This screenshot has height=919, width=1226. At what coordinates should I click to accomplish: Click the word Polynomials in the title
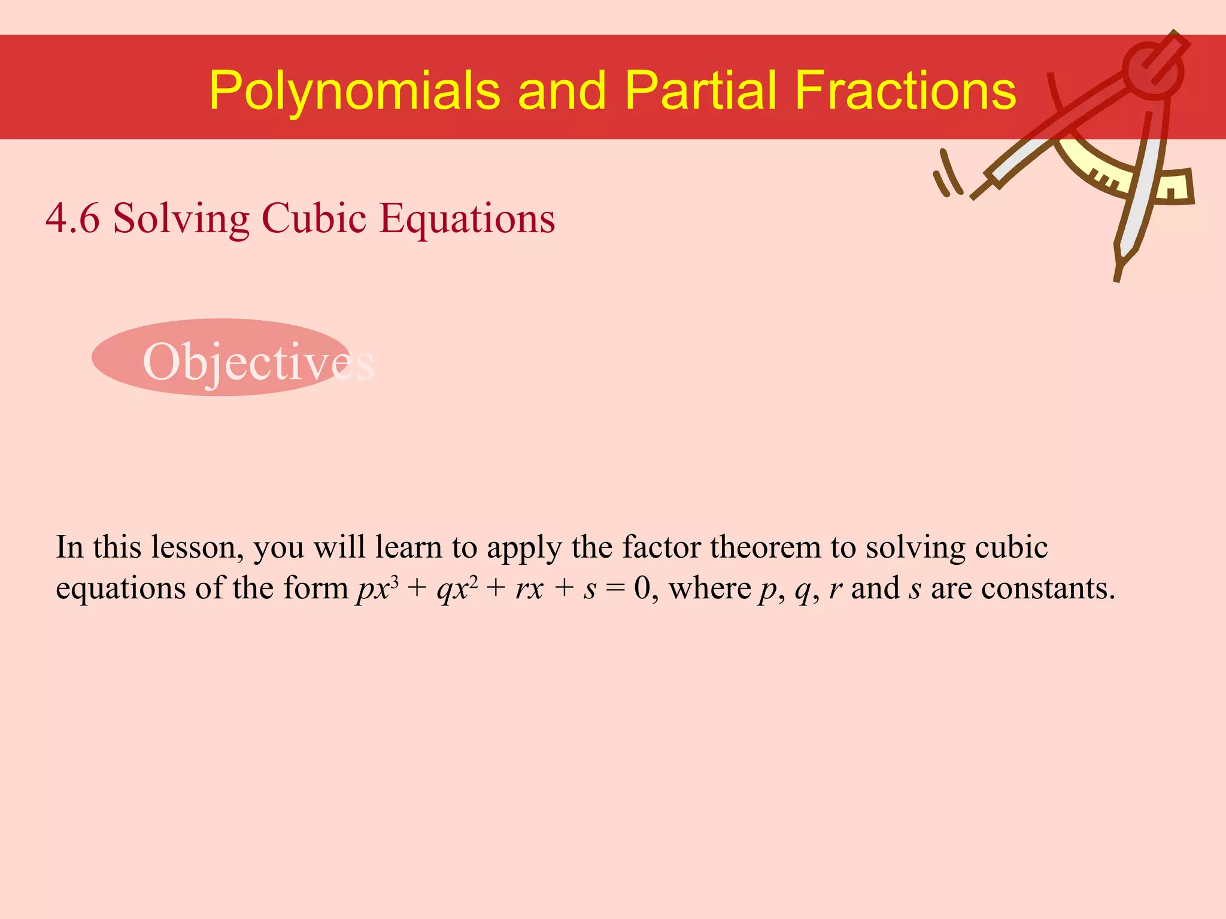tap(354, 91)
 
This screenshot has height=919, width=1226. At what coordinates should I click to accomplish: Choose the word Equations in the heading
tap(467, 219)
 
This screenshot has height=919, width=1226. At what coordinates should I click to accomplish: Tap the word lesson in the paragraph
tap(198, 547)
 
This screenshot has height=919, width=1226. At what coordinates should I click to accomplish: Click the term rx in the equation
tap(529, 589)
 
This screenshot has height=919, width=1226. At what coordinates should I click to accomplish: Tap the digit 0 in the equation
tap(642, 588)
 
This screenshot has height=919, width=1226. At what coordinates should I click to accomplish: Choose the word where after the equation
tap(709, 588)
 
